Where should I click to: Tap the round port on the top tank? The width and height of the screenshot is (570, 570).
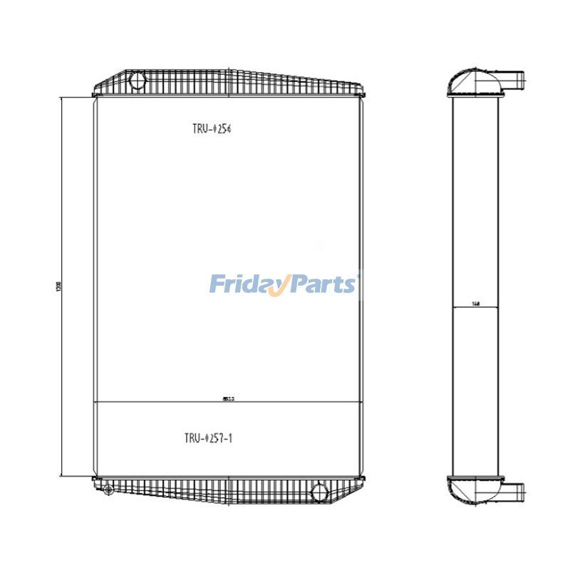click(x=138, y=81)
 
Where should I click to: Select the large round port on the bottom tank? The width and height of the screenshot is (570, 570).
click(x=321, y=490)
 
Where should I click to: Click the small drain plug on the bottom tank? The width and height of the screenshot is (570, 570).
click(x=108, y=489)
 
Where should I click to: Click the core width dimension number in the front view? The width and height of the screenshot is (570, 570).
click(x=229, y=400)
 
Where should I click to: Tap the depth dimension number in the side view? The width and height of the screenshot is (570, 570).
click(x=475, y=304)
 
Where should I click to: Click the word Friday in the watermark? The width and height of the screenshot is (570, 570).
click(x=246, y=285)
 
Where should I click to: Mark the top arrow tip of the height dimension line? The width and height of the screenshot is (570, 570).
click(x=62, y=98)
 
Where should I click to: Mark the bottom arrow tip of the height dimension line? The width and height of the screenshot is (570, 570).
click(x=62, y=476)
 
